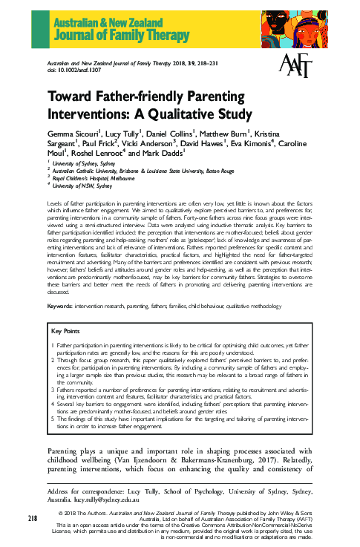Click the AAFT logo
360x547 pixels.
tap(294, 67)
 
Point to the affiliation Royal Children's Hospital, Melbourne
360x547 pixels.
tap(94, 179)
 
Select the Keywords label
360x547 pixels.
tap(62, 307)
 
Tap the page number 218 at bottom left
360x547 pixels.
tap(34, 517)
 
